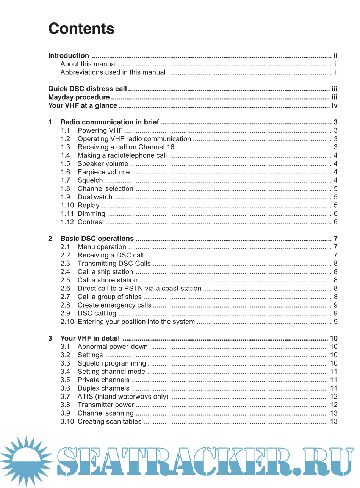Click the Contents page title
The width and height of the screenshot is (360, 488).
[81, 29]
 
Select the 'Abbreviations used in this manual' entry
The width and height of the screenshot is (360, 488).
[113, 72]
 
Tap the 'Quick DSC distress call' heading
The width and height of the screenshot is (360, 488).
[87, 89]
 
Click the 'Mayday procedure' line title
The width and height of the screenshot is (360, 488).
[79, 97]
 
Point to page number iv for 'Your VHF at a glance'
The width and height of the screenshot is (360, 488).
[334, 106]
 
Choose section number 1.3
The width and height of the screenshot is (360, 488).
[65, 147]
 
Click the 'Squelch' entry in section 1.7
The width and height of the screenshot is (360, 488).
[90, 180]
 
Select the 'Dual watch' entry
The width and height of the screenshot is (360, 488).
[95, 197]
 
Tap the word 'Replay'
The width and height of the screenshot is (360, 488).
[88, 206]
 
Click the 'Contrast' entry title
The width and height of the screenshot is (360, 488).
[91, 222]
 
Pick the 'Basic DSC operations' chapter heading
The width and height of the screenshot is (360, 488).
[97, 239]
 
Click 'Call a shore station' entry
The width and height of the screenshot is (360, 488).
[108, 281]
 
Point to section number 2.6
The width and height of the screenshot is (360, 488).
[65, 289]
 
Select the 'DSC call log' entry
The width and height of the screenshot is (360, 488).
[97, 314]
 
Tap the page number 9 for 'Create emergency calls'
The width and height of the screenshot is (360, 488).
[335, 305]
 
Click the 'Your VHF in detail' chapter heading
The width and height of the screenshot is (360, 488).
[90, 339]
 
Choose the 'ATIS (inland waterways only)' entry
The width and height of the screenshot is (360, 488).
[123, 397]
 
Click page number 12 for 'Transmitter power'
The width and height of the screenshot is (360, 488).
[333, 405]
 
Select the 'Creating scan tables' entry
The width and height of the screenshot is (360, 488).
[110, 422]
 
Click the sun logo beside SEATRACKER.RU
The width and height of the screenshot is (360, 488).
[26, 461]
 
